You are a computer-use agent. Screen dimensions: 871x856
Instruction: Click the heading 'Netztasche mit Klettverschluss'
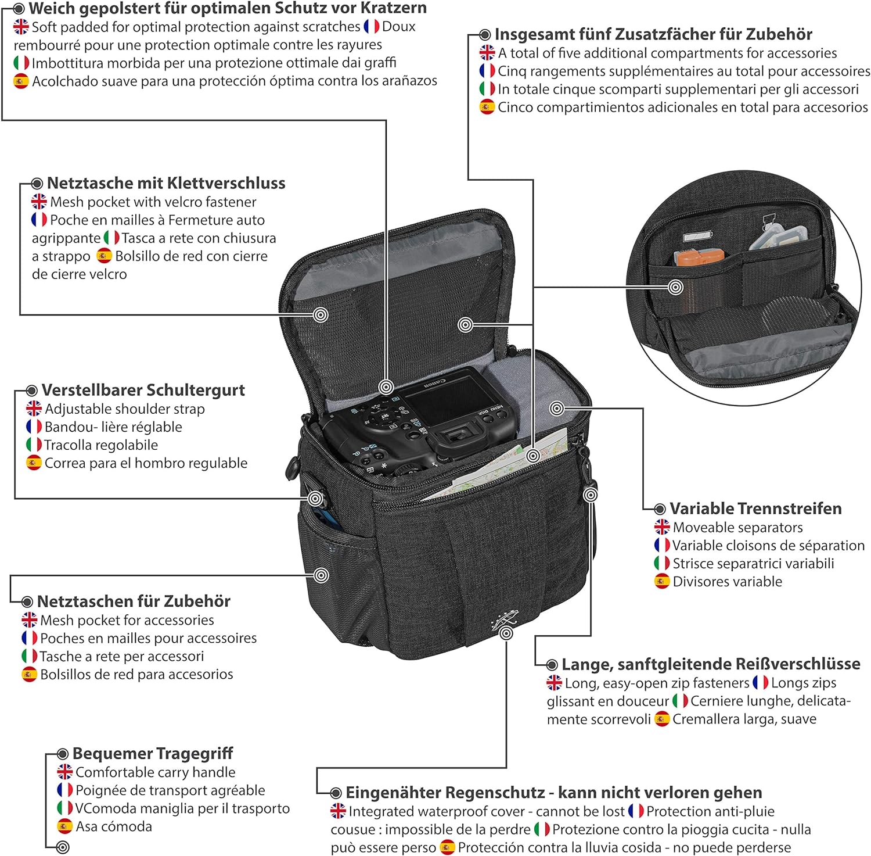coord(166,183)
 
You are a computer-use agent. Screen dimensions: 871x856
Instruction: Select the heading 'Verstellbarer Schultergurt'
coord(143,390)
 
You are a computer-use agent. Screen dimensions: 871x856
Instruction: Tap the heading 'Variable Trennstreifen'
coord(755,508)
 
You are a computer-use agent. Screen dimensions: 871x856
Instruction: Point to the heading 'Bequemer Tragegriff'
coord(153,754)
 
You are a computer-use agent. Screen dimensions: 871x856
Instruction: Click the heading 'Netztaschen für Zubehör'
coord(134,601)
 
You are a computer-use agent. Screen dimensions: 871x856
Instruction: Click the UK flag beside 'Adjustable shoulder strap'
coord(34,409)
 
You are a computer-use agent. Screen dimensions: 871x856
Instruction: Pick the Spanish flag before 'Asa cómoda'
coord(64,826)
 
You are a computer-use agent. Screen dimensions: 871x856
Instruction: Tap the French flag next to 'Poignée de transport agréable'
coord(64,790)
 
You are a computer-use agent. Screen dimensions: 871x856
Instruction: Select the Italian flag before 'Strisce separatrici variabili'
coord(662,563)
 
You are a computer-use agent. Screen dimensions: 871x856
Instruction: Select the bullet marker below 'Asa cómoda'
coord(63,847)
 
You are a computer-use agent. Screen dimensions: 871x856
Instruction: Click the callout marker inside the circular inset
coord(675,287)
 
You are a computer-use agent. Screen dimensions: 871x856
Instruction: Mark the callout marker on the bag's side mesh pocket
coord(321,575)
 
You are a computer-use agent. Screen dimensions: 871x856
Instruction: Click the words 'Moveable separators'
coord(737,528)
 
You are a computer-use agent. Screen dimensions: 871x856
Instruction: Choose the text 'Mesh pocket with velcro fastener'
coord(153,202)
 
